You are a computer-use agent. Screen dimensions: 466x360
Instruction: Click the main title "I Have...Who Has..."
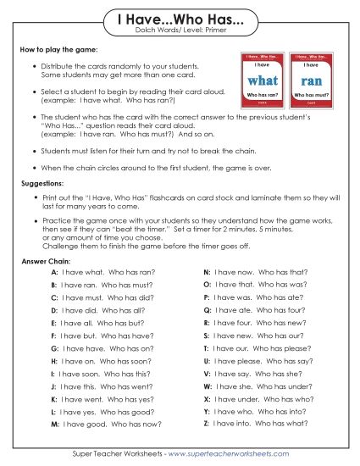point(180,19)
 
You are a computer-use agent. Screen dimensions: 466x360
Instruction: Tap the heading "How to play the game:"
point(53,51)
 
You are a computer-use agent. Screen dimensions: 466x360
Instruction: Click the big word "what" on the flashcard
point(263,80)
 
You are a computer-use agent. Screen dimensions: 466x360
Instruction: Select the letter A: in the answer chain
point(54,274)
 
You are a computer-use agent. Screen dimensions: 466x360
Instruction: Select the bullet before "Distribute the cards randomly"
point(33,65)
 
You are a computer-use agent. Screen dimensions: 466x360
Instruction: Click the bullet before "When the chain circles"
point(33,169)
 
